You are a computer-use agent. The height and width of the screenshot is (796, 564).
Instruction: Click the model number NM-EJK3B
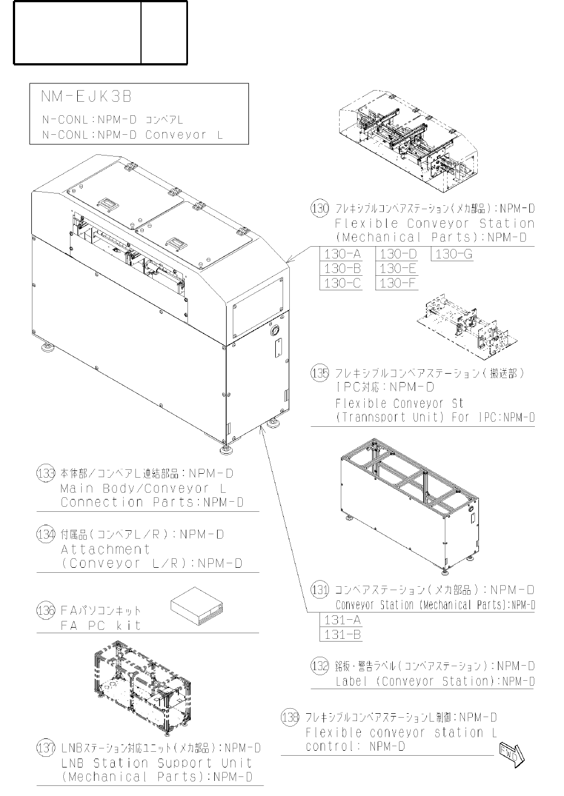[86, 97]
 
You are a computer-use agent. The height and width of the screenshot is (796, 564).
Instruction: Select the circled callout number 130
[319, 209]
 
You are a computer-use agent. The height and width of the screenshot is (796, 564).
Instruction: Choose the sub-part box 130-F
[397, 284]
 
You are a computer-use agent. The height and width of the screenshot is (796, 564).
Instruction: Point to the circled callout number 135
[319, 373]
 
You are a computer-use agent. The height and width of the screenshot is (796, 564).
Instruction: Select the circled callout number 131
[319, 590]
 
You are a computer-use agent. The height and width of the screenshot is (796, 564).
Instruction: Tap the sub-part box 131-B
[342, 635]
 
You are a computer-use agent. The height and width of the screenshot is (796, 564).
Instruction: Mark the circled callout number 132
[319, 666]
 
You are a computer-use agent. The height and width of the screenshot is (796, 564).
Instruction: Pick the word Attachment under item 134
[105, 549]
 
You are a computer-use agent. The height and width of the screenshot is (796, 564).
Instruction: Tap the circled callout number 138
[290, 718]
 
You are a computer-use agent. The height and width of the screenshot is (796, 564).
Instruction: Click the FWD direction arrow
[511, 753]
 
